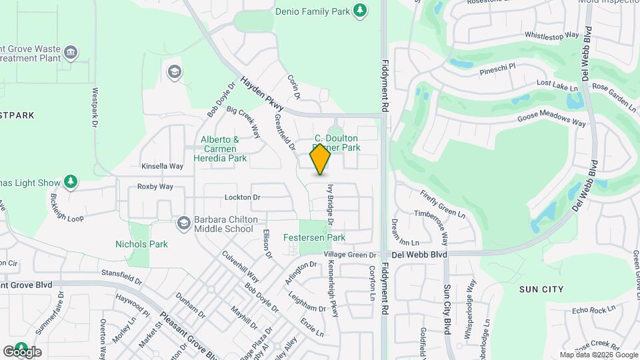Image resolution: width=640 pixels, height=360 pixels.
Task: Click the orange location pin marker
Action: [x=321, y=159]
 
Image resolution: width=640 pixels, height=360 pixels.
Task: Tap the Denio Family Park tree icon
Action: [x=360, y=10]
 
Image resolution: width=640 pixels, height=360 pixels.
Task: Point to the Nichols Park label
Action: [x=141, y=244]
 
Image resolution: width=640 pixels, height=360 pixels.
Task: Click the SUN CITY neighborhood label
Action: [x=541, y=289]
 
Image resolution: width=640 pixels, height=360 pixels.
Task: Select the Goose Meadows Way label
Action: [x=551, y=119]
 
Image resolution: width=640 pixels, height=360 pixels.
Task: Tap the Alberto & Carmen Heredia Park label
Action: [x=219, y=149]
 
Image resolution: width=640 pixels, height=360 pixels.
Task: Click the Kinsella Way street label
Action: [x=162, y=166]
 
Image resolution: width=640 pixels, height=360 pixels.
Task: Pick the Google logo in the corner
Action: [x=22, y=351]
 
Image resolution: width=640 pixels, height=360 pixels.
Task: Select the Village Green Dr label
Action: [x=350, y=255]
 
